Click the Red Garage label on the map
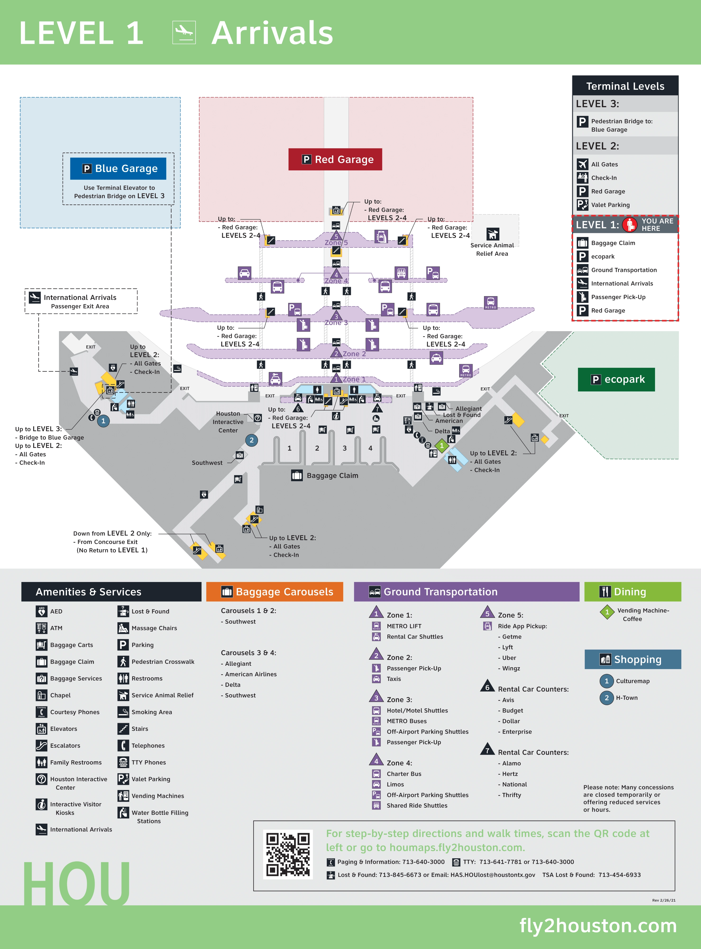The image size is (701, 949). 335,160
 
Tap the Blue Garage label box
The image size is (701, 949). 118,169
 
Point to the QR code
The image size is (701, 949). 288,854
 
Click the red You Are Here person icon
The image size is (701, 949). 630,225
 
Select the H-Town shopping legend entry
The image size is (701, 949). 626,698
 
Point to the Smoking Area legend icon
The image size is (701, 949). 123,712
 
